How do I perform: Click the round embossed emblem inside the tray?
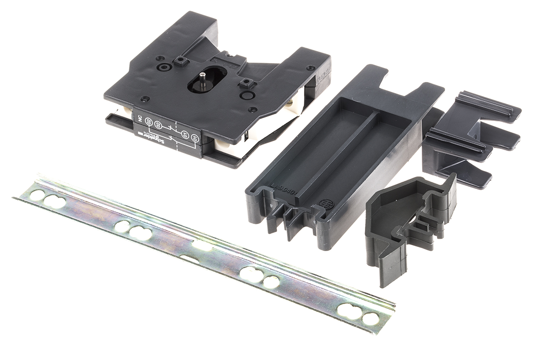[x=324, y=204]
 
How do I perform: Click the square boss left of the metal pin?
[x=181, y=61]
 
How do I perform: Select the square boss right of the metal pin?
[x=247, y=83]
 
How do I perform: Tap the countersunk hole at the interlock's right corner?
[x=309, y=68]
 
